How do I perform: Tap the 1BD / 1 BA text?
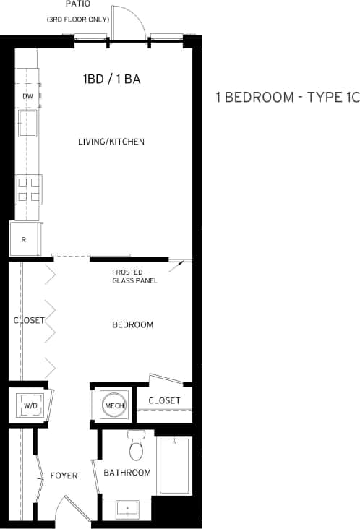111,79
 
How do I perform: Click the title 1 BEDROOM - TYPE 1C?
287,98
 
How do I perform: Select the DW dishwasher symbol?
28,97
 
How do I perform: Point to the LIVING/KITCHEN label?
111,142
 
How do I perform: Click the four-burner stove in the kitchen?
28,189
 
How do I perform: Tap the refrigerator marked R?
24,239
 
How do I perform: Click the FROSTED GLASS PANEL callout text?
134,276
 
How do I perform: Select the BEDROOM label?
132,324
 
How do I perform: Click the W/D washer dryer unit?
30,405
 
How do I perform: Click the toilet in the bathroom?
136,448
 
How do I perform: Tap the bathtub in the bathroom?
173,465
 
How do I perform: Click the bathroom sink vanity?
127,509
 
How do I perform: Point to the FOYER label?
64,475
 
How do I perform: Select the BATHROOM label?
127,473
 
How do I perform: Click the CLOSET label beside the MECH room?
164,400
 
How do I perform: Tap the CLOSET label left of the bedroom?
29,320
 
